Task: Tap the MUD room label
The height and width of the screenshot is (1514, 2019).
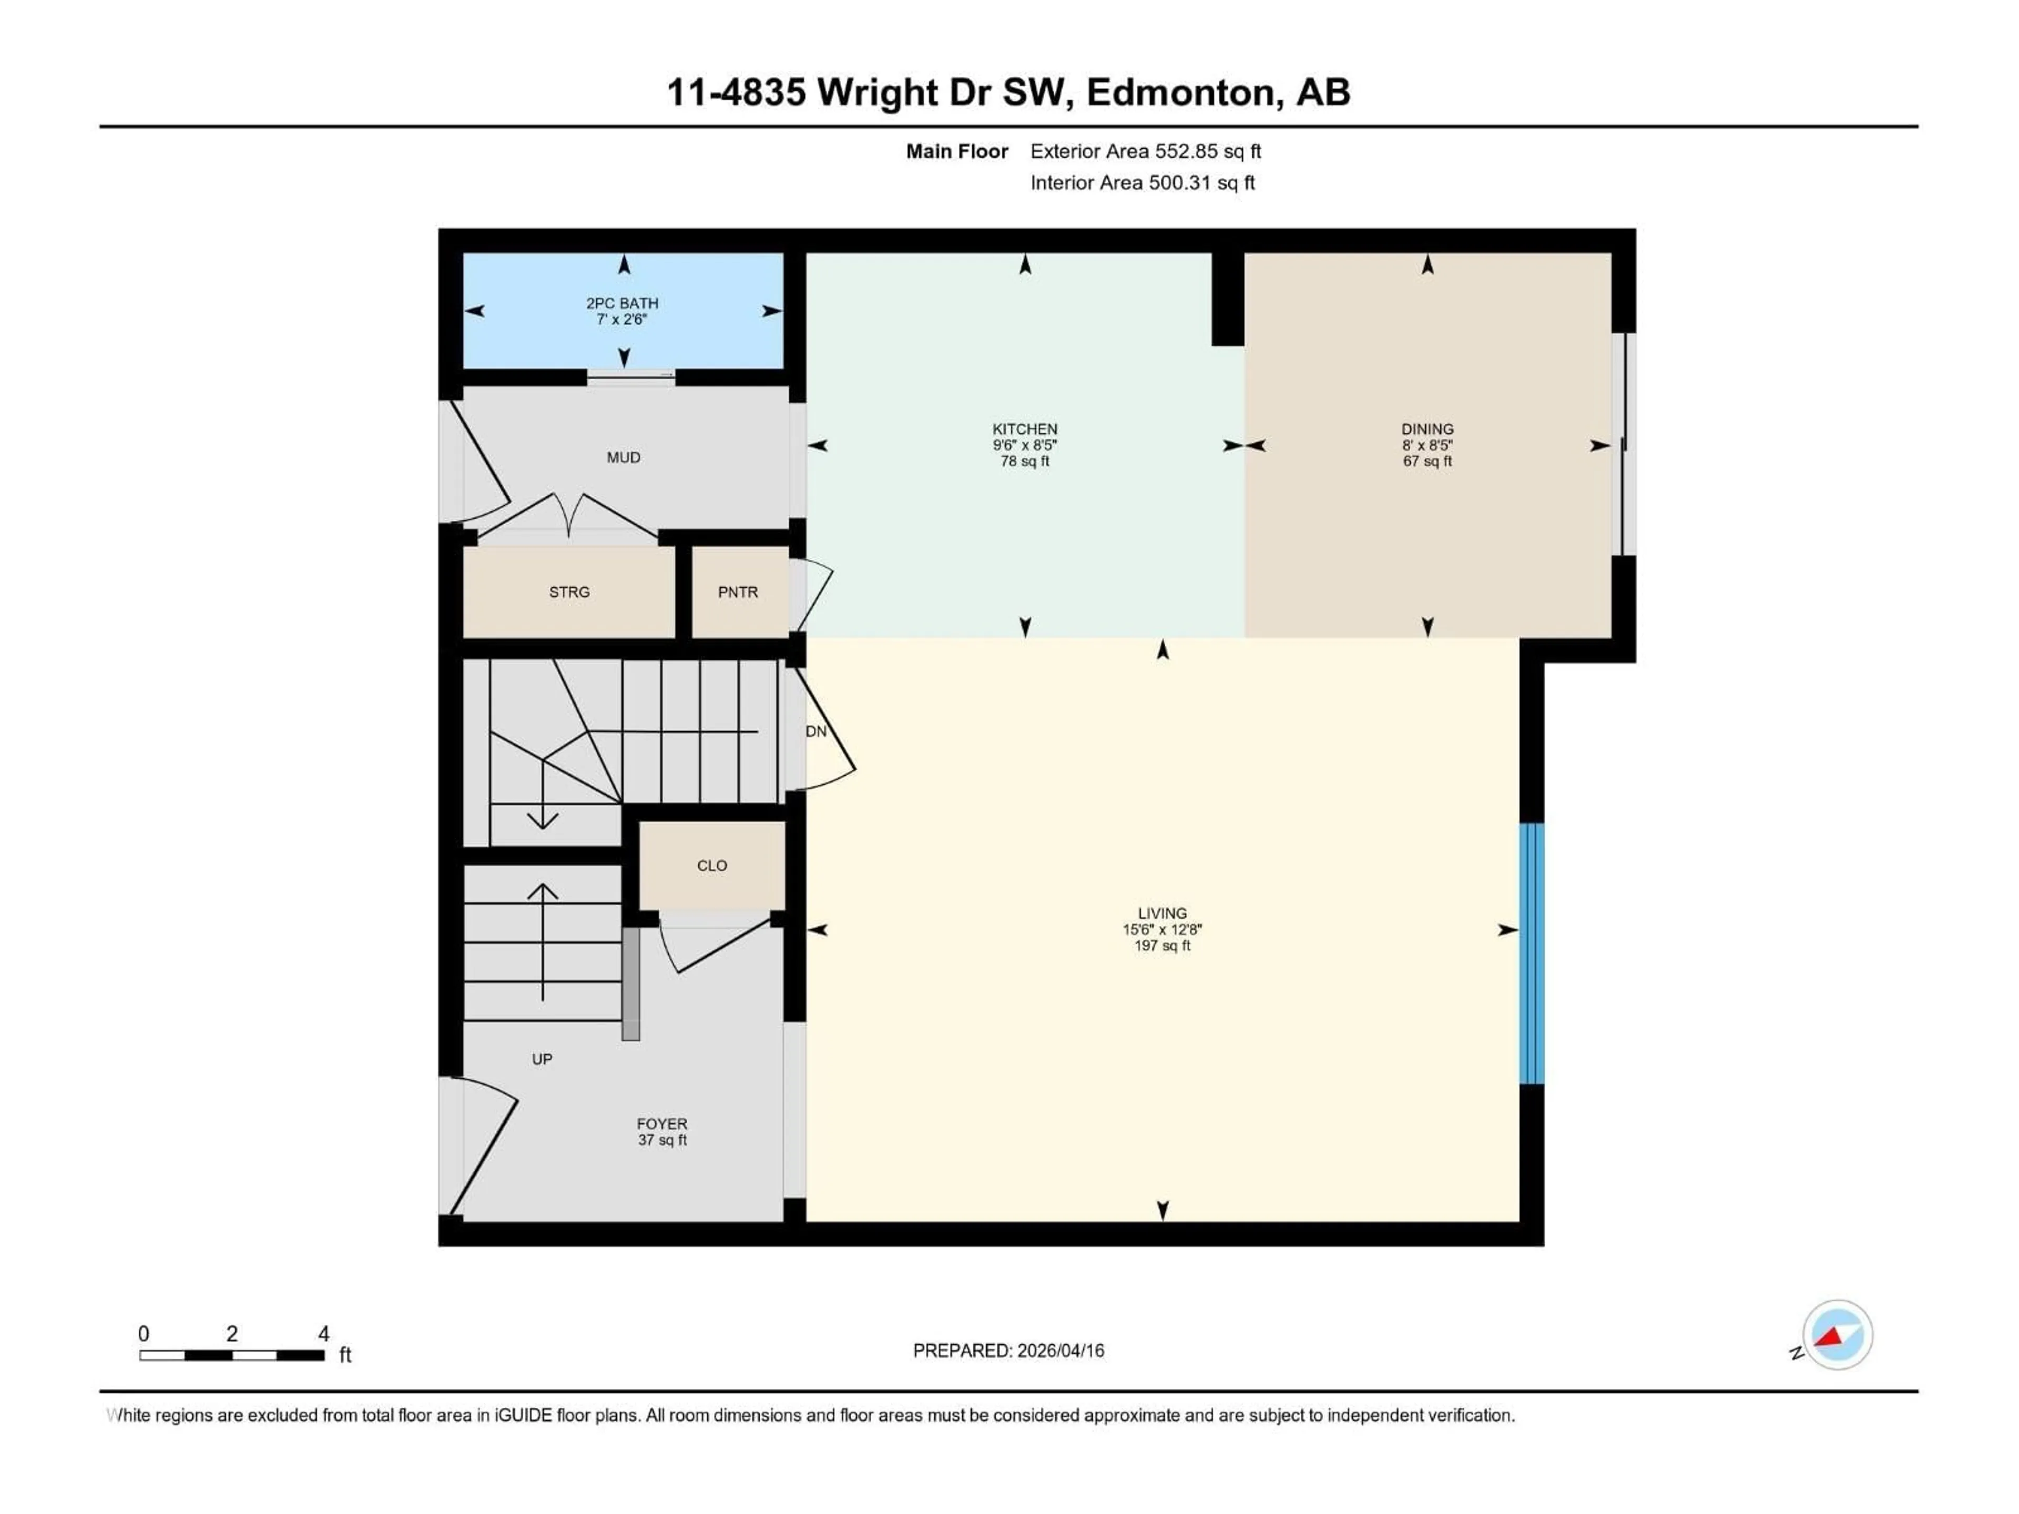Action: click(624, 457)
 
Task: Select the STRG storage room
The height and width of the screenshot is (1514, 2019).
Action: click(569, 592)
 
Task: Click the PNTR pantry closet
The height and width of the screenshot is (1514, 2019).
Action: click(738, 592)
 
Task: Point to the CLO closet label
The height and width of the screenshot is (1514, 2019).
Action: click(712, 865)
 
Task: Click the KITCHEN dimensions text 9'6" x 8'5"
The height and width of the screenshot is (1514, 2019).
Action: click(1025, 445)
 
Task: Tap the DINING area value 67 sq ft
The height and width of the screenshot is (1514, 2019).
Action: click(1427, 462)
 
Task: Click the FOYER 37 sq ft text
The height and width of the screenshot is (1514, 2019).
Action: click(662, 1140)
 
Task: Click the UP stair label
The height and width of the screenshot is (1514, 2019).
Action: click(542, 1059)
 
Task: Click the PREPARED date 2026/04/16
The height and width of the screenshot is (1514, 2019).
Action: click(1059, 1351)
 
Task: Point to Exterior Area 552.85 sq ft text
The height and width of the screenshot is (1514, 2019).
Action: click(1146, 151)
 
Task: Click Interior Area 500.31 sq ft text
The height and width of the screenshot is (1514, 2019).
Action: click(1142, 182)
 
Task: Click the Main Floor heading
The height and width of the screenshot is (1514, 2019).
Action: click(956, 151)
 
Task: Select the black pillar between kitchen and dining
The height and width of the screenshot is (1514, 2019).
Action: click(1228, 299)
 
